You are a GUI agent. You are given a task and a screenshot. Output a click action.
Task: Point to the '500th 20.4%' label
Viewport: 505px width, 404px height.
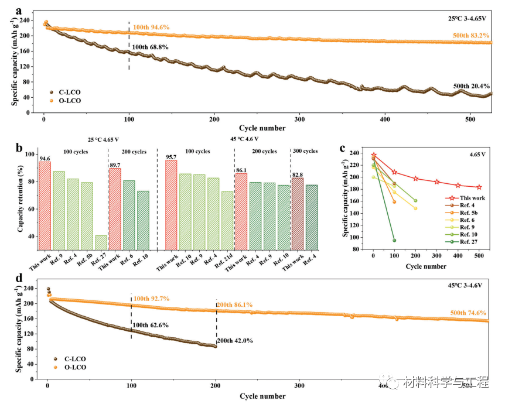click(x=472, y=86)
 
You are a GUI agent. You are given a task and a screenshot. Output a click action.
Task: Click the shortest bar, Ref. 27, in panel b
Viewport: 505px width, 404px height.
click(x=101, y=243)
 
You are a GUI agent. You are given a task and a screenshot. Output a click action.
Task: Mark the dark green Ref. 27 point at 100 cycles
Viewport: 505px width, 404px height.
click(x=394, y=240)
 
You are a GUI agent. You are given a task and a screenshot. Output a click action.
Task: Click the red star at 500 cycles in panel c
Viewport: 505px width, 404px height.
click(x=479, y=187)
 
